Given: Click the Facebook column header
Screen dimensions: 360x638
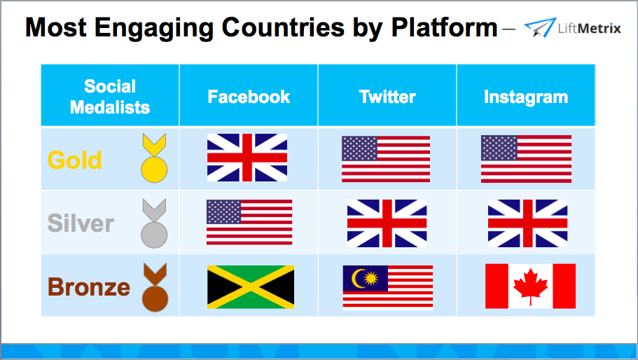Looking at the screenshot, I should (x=249, y=97).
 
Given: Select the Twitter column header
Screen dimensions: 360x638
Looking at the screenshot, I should (x=387, y=97).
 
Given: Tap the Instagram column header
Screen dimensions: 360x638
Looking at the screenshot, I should (x=525, y=97).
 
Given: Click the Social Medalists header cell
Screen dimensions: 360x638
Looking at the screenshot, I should (x=110, y=97).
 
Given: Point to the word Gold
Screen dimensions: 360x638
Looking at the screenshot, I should (x=74, y=160).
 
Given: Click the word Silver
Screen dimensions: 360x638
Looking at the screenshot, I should (x=81, y=223).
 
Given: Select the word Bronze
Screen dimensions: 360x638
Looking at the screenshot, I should (x=89, y=287).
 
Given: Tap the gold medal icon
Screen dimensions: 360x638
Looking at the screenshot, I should (x=153, y=160).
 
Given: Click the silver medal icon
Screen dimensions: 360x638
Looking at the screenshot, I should (x=153, y=223).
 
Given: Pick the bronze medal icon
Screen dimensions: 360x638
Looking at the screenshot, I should (x=153, y=288).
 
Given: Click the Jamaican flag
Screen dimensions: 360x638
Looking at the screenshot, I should (x=251, y=287).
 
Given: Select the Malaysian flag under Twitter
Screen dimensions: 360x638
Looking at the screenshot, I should (x=387, y=287).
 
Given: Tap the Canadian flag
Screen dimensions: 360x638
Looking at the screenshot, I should (x=530, y=286).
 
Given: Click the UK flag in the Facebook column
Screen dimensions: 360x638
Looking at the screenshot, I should (x=247, y=158).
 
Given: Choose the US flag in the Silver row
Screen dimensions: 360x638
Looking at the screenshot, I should (x=249, y=222).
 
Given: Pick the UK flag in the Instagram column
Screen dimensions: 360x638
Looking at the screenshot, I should (x=527, y=223).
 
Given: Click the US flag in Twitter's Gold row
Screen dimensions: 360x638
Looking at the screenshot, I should (x=386, y=159).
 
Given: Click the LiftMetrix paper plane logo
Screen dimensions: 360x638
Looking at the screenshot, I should (x=539, y=29).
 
